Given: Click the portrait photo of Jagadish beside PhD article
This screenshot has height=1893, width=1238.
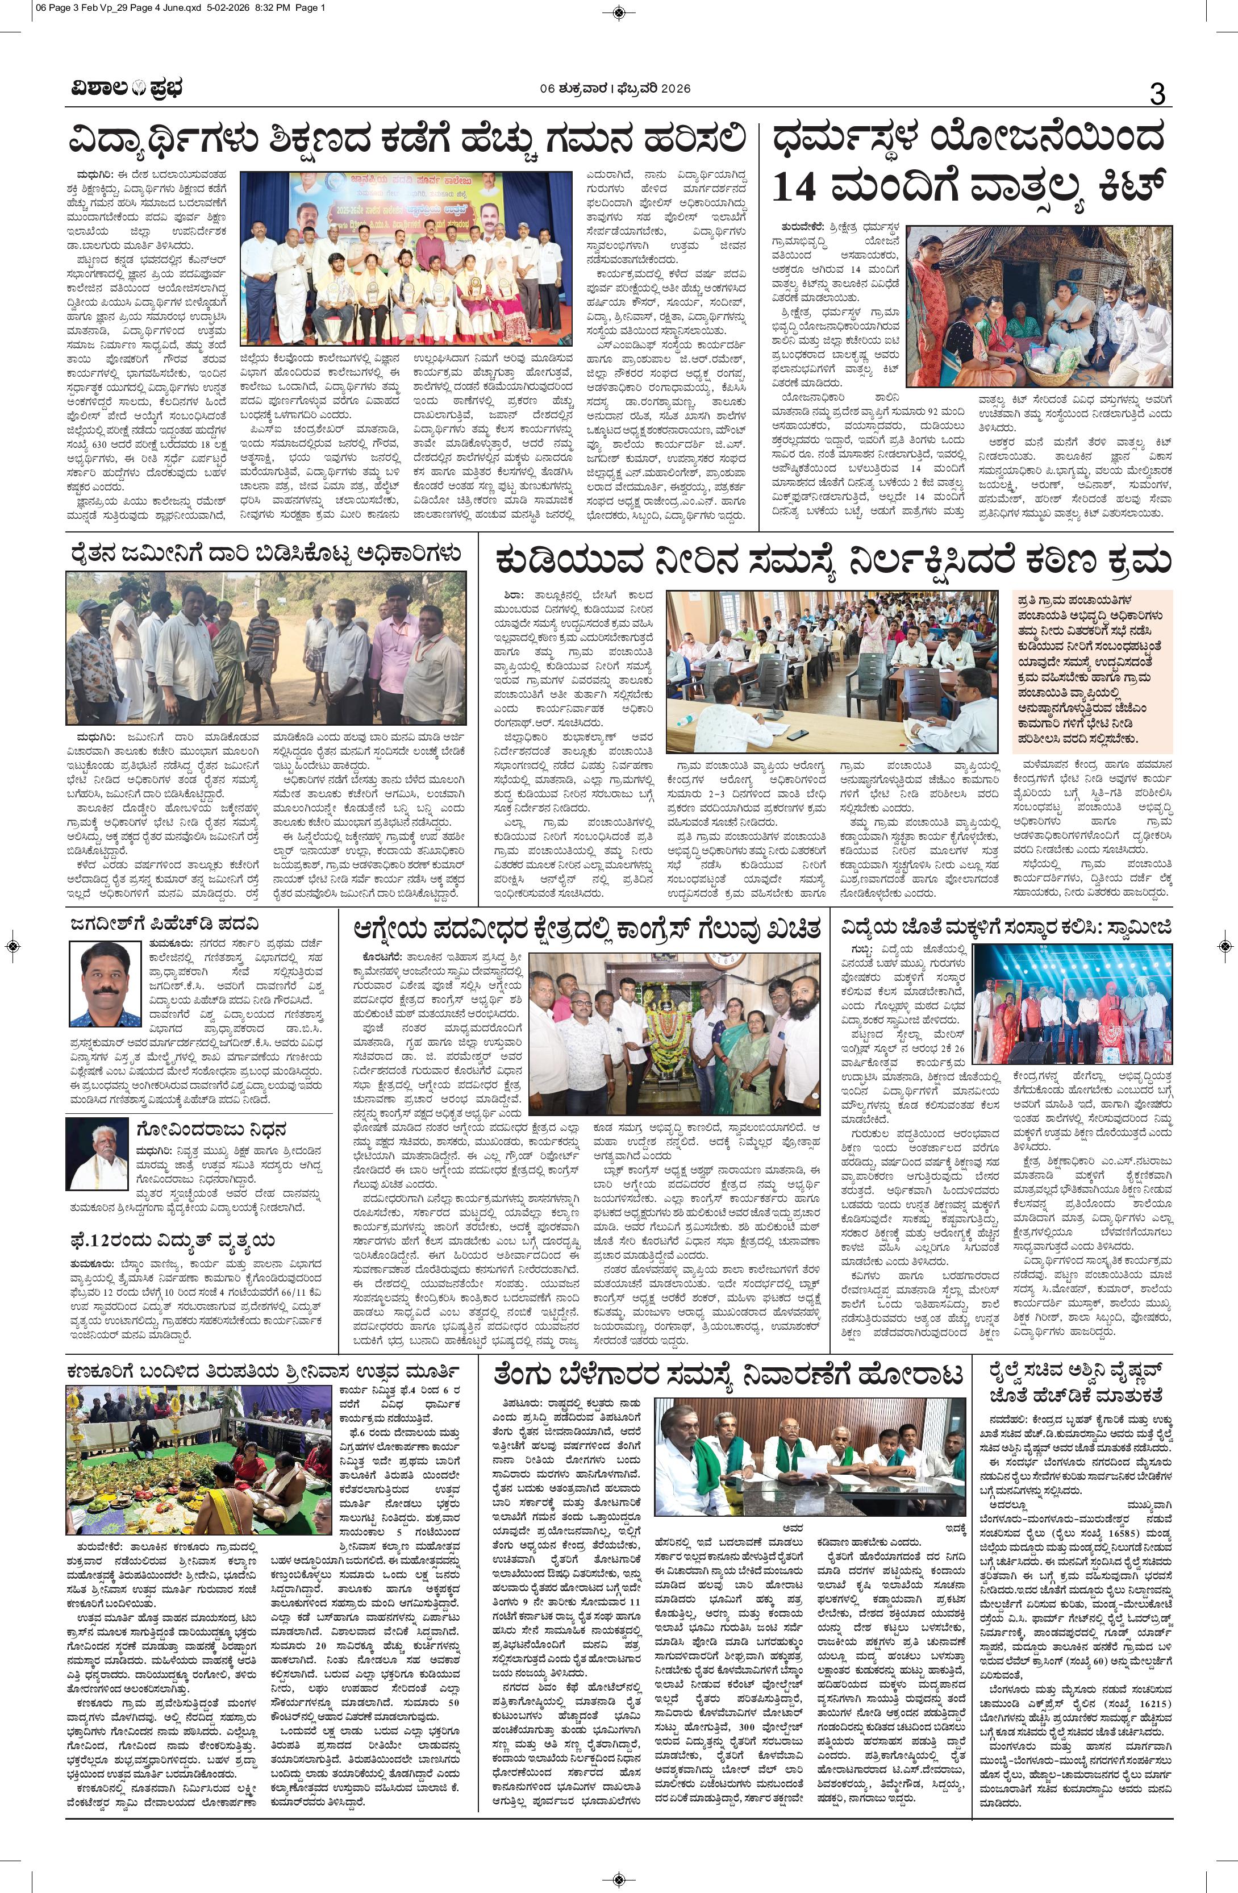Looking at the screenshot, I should (x=105, y=983).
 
